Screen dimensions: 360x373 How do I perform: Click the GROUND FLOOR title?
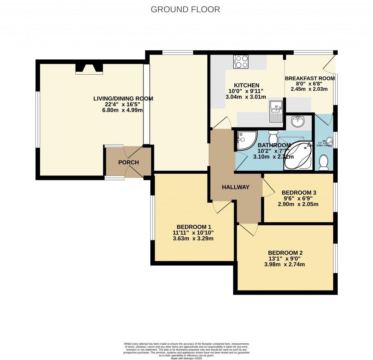pos(185,9)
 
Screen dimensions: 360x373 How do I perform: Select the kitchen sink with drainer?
pos(276,111)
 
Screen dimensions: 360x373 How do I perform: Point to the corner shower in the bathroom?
pos(244,141)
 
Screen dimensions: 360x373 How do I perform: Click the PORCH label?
pos(129,162)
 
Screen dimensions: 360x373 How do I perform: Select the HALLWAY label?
pos(236,187)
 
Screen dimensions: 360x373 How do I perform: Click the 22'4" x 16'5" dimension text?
pos(123,104)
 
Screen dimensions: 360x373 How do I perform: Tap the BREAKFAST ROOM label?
pos(310,78)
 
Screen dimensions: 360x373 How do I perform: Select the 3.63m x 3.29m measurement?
pos(193,239)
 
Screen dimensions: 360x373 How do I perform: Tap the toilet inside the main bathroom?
pos(273,137)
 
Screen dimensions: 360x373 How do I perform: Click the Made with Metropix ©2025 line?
pos(186,358)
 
